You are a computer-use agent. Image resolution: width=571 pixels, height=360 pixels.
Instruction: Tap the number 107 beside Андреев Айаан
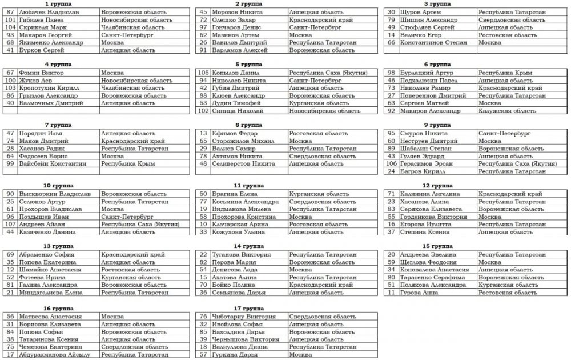[10, 225]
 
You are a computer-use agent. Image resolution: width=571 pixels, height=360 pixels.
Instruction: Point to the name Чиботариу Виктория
[239, 317]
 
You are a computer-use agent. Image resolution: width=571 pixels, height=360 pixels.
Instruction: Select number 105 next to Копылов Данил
[203, 73]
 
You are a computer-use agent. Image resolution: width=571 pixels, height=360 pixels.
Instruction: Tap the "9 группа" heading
[437, 125]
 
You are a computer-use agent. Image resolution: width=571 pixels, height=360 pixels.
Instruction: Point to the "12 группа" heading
[437, 186]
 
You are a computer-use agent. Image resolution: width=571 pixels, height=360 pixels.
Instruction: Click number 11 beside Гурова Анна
[391, 293]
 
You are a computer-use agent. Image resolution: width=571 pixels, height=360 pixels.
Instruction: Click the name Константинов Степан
[434, 42]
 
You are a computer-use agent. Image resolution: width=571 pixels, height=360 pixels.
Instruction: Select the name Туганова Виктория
[240, 254]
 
